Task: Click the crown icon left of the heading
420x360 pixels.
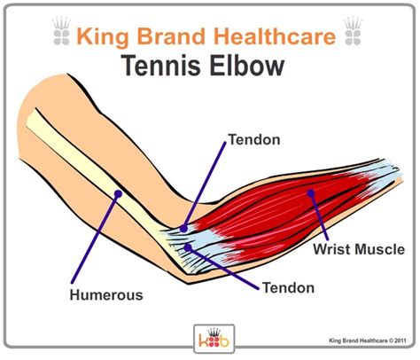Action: pos(62,31)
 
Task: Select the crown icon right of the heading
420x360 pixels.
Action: pos(353,31)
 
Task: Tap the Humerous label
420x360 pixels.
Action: pos(106,295)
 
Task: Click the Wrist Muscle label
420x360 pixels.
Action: pos(359,249)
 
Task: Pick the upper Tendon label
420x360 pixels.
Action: pos(254,139)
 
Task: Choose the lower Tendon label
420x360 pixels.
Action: pos(288,287)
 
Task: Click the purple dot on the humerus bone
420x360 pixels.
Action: pos(118,194)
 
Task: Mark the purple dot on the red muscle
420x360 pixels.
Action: pos(310,193)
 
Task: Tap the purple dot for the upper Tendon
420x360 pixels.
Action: pos(183,228)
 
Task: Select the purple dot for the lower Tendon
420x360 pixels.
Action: pos(188,247)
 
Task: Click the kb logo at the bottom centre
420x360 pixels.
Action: pos(214,339)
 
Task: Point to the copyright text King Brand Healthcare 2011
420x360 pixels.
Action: pos(368,340)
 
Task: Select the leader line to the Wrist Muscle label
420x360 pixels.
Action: pos(319,216)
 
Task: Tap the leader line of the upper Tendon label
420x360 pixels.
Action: pos(205,185)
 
